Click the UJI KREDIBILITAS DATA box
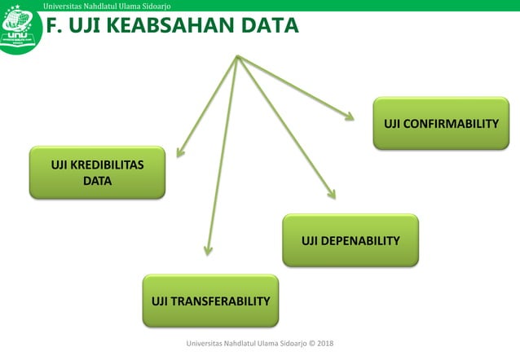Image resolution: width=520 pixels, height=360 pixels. [97, 173]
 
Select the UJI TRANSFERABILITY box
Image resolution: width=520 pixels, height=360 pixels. [210, 301]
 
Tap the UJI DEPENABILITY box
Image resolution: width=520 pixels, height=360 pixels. [350, 240]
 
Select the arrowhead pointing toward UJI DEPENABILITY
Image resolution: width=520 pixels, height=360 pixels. [332, 194]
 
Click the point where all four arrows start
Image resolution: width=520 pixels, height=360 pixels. [237, 56]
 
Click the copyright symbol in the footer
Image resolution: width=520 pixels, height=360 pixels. [306, 344]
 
